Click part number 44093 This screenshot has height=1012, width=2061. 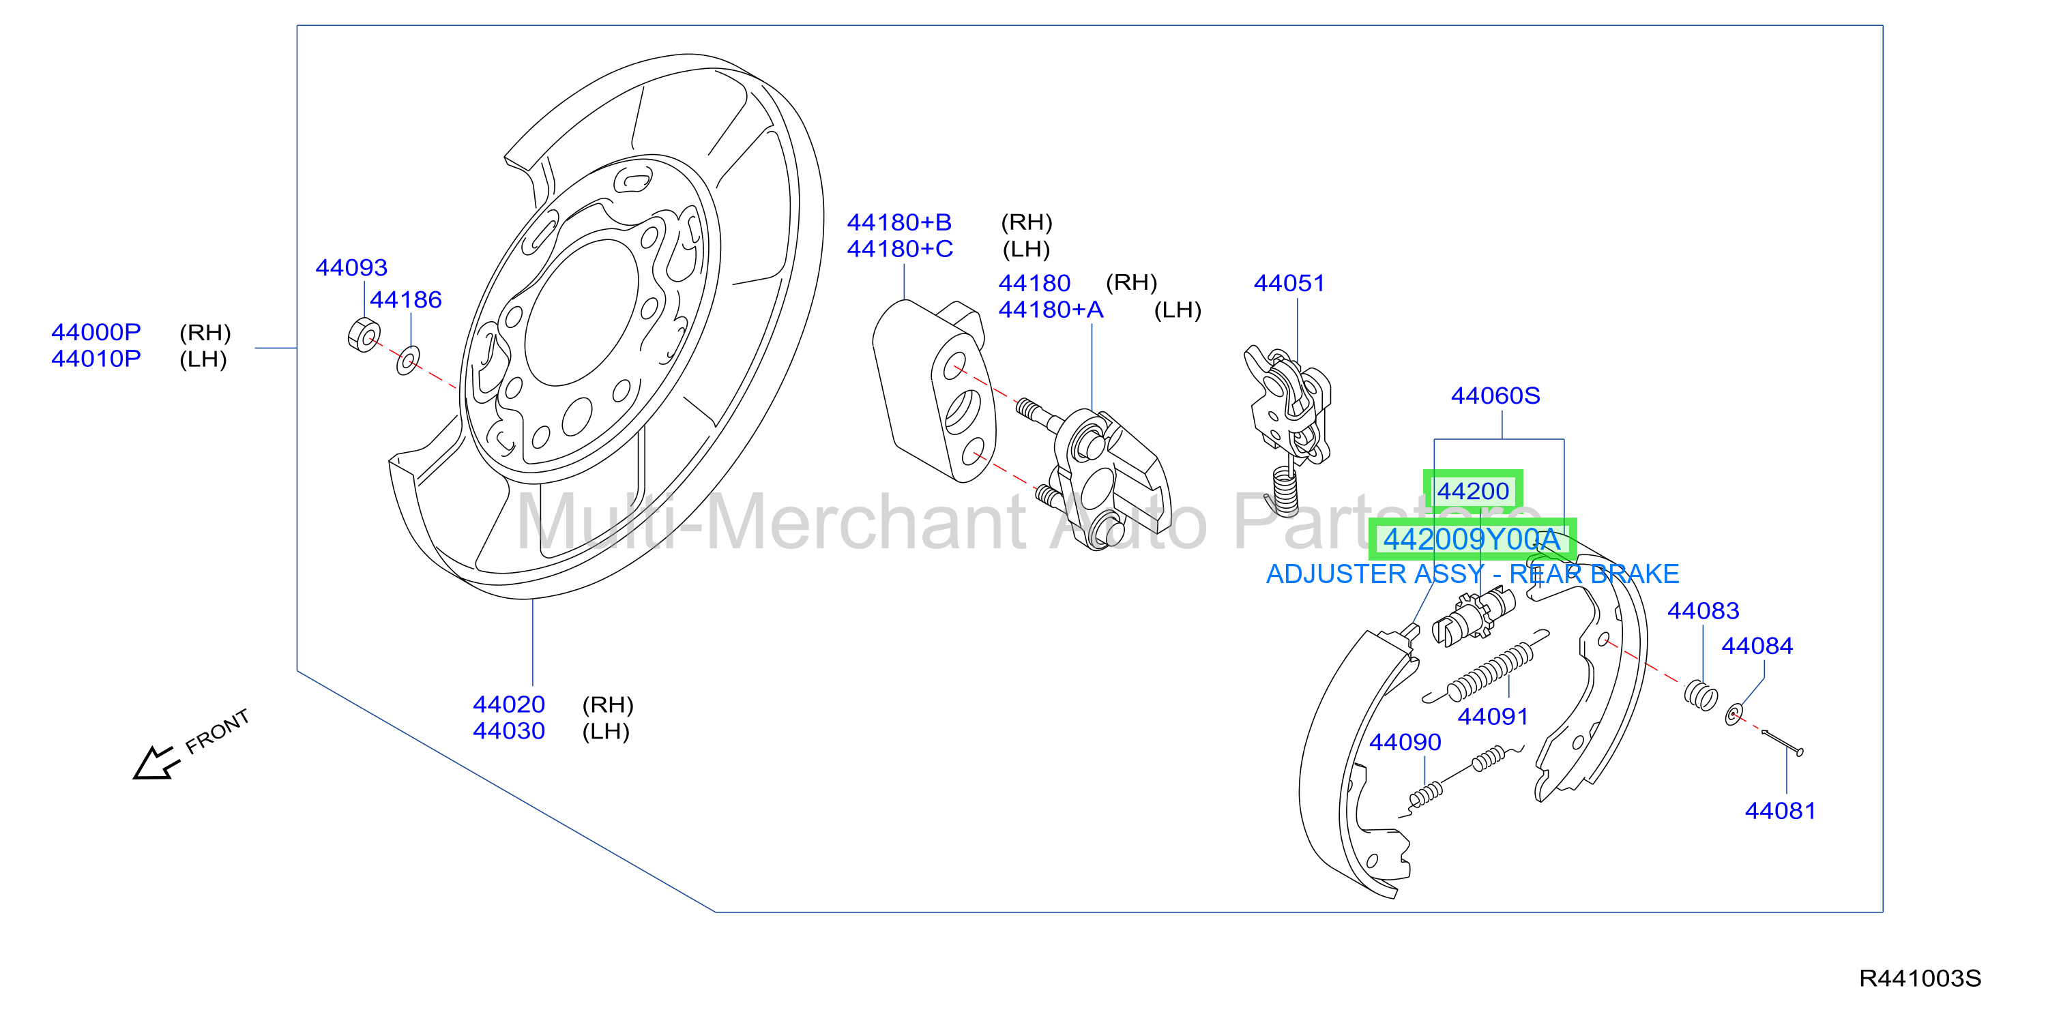[351, 267]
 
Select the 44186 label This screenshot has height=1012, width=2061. [406, 299]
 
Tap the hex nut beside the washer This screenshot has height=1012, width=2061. [364, 334]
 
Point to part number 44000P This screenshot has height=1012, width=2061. [96, 331]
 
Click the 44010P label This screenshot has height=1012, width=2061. [96, 359]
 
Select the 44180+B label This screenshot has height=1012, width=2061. [899, 222]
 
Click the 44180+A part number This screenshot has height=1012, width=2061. [1051, 310]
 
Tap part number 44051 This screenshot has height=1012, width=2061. [1289, 282]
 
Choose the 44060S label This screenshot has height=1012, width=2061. [1495, 396]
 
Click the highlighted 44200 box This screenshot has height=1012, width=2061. [1473, 490]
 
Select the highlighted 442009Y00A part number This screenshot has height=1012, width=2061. [1472, 539]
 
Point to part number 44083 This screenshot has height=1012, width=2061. [1703, 610]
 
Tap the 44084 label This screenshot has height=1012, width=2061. [1757, 646]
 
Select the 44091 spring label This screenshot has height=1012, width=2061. [1493, 716]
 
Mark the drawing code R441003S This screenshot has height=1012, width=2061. [1919, 978]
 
